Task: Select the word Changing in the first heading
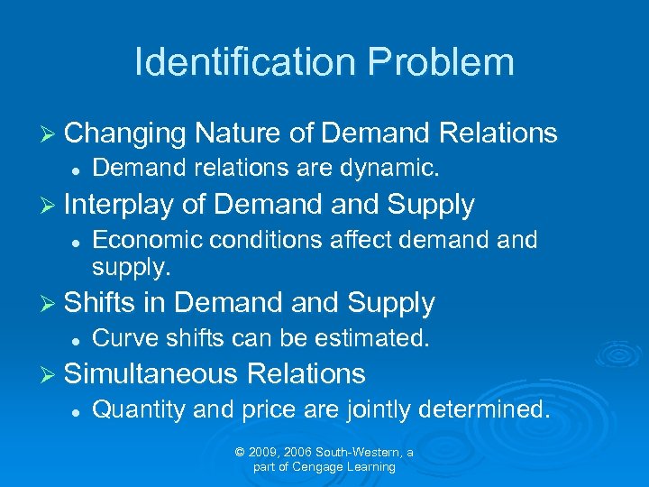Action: click(x=125, y=133)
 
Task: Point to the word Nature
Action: click(x=237, y=133)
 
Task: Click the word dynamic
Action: click(x=395, y=168)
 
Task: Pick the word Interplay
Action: click(x=119, y=205)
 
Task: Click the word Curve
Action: click(x=116, y=339)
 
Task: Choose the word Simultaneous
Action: click(x=151, y=373)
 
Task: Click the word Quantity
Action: click(x=138, y=409)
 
